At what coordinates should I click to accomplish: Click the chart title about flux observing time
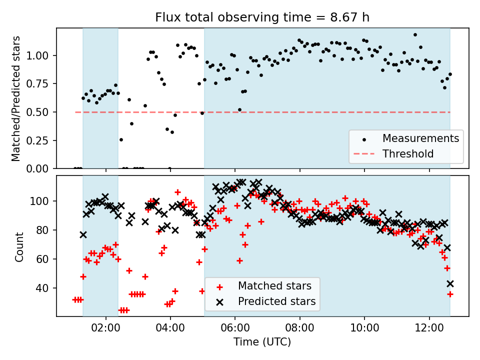(262, 18)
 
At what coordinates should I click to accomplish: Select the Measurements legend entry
(420, 138)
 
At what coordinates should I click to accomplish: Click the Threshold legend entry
(407, 153)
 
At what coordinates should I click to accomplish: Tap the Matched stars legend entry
(274, 286)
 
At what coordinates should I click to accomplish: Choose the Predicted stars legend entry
(276, 301)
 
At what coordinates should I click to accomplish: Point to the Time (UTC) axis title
(262, 342)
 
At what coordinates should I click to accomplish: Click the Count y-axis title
(19, 246)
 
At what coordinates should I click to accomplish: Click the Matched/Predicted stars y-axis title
(16, 98)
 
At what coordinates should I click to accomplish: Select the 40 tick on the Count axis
(47, 288)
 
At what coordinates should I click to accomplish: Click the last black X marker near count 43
(450, 283)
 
